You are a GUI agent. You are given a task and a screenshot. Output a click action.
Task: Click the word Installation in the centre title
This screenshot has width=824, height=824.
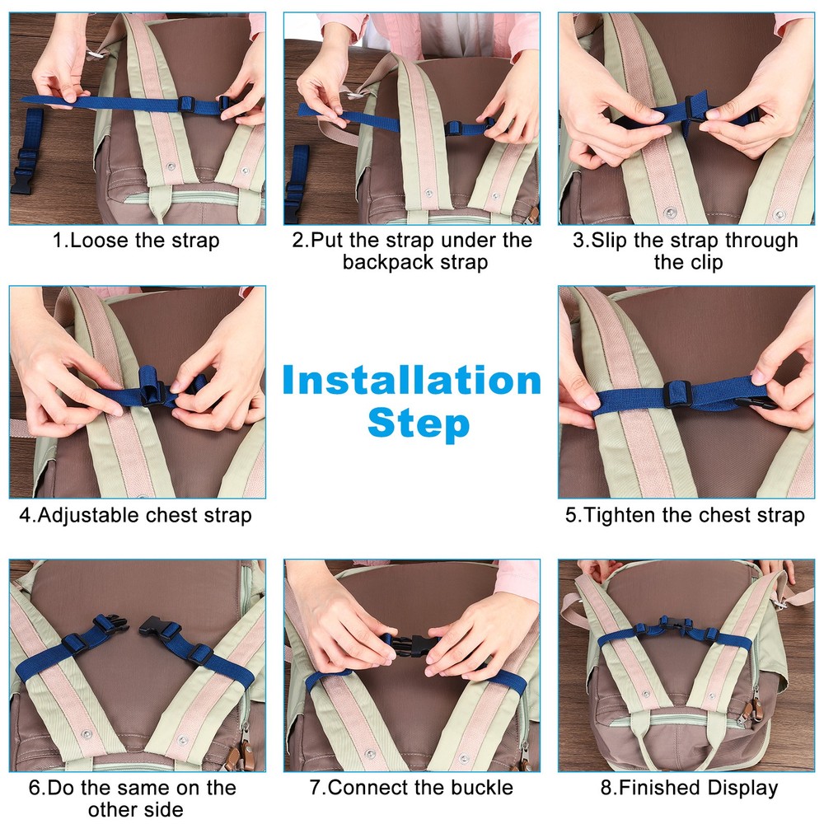coord(411,382)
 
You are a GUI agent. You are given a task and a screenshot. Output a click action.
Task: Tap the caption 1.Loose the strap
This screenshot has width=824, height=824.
coord(136,241)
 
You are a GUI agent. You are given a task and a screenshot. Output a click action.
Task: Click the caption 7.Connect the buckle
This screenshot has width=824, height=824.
coord(411,787)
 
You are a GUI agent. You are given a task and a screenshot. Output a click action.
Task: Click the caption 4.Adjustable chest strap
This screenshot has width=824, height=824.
coord(136,515)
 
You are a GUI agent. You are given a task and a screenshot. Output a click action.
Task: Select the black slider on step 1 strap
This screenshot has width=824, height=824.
coord(187,104)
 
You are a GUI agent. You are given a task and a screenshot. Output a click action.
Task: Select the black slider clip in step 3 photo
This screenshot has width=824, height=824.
coord(694,110)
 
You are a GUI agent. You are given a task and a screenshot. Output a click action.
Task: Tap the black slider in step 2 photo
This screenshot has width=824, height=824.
coord(454,128)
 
